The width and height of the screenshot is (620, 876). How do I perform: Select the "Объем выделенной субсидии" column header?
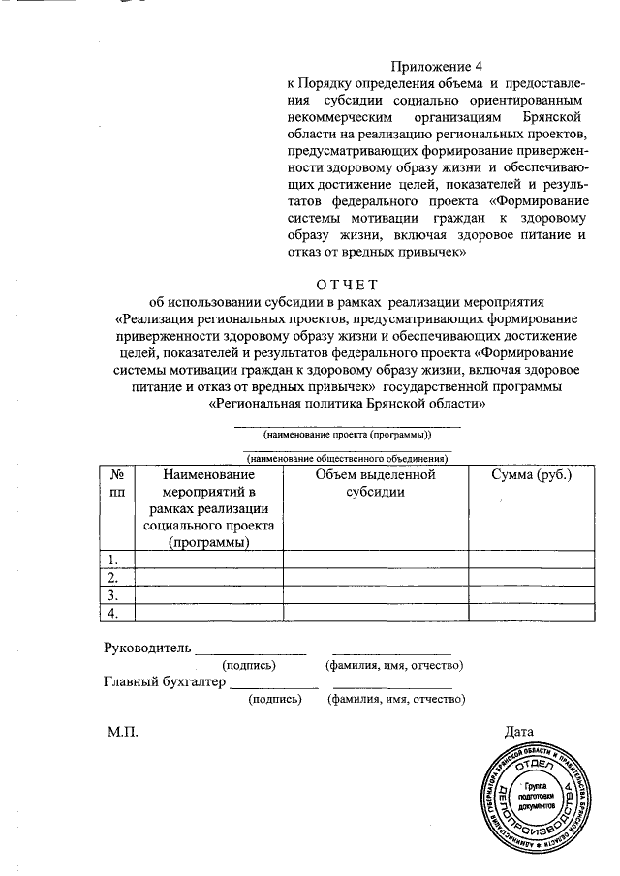pos(375,483)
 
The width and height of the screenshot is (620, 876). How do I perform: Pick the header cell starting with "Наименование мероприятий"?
pos(209,508)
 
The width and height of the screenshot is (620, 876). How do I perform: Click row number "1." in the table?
pos(113,559)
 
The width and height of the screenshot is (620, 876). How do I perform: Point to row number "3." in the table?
pos(113,594)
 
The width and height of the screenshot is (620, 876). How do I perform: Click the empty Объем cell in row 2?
pos(375,577)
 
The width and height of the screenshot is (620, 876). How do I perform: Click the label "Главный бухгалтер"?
pos(164,681)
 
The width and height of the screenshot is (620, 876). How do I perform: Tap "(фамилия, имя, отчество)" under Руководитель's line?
pos(393,665)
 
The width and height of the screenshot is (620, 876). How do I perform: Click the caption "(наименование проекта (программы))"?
pos(346,436)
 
